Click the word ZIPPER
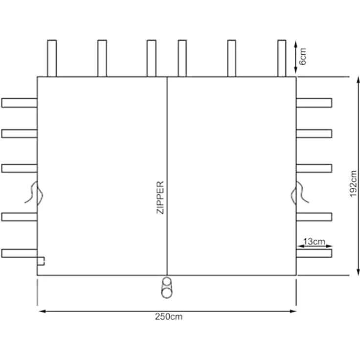(160, 198)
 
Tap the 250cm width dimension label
(169, 316)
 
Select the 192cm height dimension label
(353, 184)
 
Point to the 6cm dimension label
(303, 56)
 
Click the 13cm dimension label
(314, 241)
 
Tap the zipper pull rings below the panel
(167, 288)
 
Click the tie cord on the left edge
(34, 193)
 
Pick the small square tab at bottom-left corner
(41, 261)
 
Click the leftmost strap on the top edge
(52, 58)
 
